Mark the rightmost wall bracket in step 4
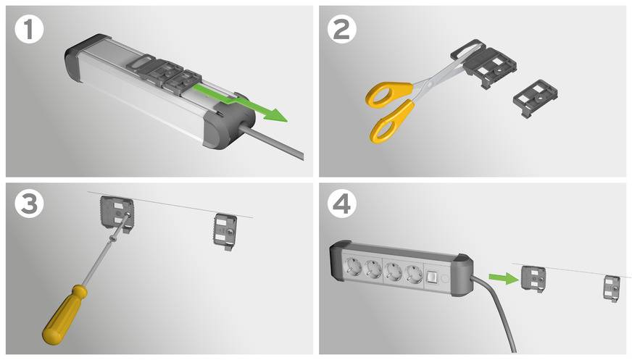click(x=610, y=288)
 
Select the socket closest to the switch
click(x=412, y=275)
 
